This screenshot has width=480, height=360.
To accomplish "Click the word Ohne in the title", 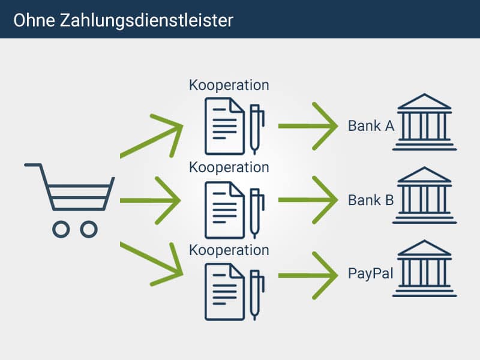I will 34,19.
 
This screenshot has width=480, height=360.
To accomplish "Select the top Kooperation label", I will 229,85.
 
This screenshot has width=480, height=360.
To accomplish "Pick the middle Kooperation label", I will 229,167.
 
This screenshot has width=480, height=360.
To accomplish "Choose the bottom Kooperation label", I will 229,250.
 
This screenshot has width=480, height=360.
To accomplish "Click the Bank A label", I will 371,126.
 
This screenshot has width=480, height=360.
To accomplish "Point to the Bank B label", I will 371,200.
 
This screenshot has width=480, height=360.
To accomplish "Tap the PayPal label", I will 370,274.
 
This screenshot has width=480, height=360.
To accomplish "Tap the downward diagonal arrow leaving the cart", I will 153,260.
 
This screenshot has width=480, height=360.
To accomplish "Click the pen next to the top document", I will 256,129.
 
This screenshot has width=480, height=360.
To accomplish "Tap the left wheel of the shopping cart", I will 61,229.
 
